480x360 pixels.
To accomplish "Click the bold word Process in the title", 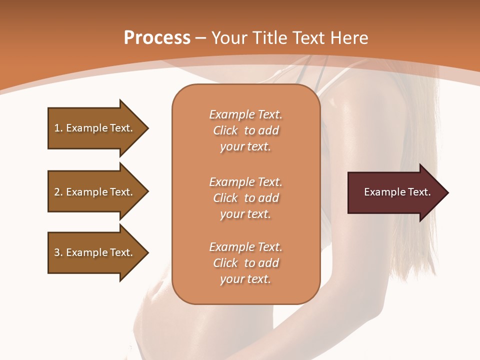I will (157, 38).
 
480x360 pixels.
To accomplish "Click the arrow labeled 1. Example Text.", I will (95, 128).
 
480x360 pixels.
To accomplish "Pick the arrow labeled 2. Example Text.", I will (95, 192).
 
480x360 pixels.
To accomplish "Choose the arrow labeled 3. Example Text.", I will (95, 252).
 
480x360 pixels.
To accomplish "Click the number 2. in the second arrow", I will (58, 192).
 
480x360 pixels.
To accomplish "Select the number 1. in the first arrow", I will (58, 128).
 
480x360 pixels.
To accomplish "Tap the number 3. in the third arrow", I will (58, 252).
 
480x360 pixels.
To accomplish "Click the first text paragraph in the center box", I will (245, 130).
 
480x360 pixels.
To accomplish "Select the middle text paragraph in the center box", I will (245, 198).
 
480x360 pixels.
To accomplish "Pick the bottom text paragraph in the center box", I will (245, 263).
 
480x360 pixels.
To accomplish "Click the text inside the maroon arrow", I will (397, 192).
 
